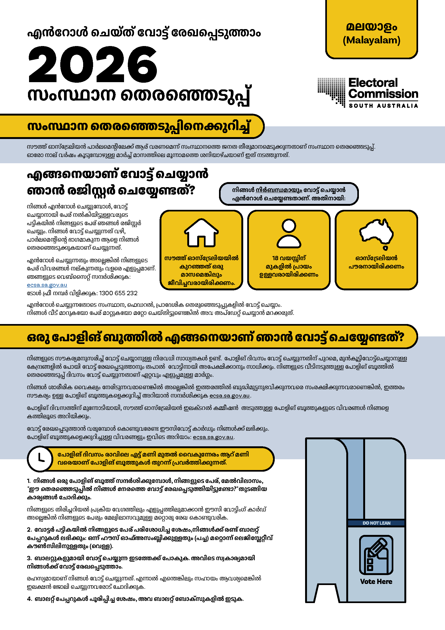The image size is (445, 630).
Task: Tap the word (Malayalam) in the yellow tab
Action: [371, 40]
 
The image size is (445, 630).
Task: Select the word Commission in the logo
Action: [383, 94]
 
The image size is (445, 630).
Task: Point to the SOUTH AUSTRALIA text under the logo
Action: [383, 106]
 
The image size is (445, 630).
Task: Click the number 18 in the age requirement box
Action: [275, 258]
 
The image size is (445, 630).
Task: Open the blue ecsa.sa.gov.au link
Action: [47, 285]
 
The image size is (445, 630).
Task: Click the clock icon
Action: [40, 459]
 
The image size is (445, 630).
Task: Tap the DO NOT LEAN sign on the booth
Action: [376, 523]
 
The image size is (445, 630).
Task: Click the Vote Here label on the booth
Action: [376, 582]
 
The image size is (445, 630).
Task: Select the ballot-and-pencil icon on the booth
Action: [376, 555]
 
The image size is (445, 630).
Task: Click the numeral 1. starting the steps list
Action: [29, 481]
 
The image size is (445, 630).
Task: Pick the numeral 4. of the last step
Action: [29, 599]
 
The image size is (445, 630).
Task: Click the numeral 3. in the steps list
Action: [29, 558]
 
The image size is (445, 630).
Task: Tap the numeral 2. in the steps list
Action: [29, 530]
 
